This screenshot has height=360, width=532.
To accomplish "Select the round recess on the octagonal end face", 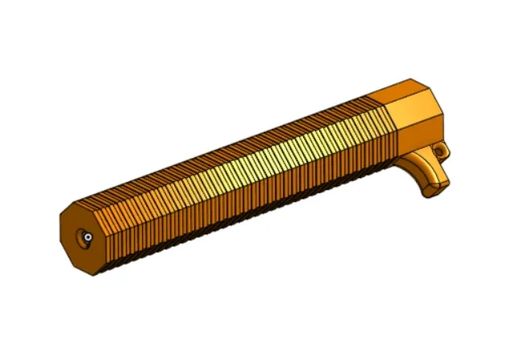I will point(85,237).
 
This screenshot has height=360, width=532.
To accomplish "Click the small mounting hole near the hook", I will point(439,150).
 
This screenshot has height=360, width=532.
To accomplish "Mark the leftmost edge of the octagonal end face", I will point(60,234).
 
